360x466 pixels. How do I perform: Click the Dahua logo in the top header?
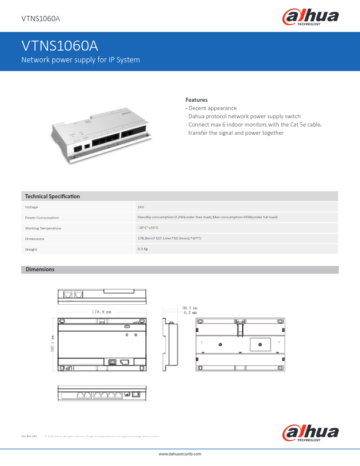click(x=311, y=18)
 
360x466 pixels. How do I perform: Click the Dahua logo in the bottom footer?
click(x=311, y=434)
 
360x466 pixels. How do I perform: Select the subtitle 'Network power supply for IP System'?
click(x=80, y=60)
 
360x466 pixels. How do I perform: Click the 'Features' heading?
click(x=196, y=100)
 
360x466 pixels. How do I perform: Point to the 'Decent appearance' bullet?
click(x=212, y=108)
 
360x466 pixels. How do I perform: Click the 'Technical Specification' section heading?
click(x=52, y=196)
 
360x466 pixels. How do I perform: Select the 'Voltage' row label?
click(x=31, y=207)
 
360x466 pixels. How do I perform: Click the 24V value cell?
click(x=141, y=207)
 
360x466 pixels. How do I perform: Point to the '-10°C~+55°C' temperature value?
click(x=148, y=228)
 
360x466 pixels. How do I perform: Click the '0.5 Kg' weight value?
click(x=142, y=249)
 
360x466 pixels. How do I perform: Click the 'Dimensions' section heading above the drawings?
click(x=39, y=269)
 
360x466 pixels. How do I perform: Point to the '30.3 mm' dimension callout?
click(x=189, y=307)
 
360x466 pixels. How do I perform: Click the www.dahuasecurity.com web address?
click(x=180, y=454)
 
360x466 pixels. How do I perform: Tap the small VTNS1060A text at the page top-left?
click(x=41, y=18)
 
